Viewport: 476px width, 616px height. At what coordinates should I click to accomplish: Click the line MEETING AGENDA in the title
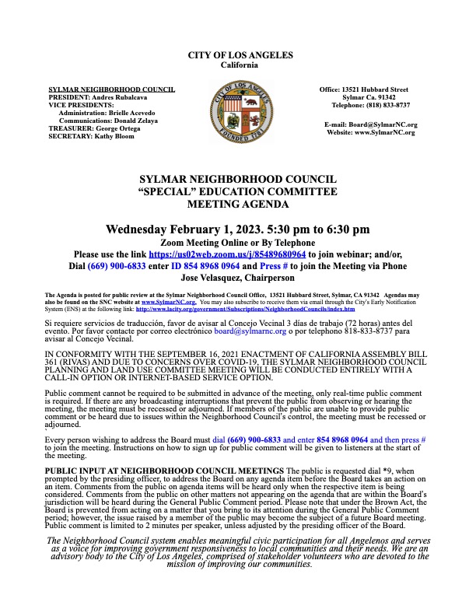(238, 204)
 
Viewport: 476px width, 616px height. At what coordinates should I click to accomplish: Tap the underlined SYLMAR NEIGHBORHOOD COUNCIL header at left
(111, 89)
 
